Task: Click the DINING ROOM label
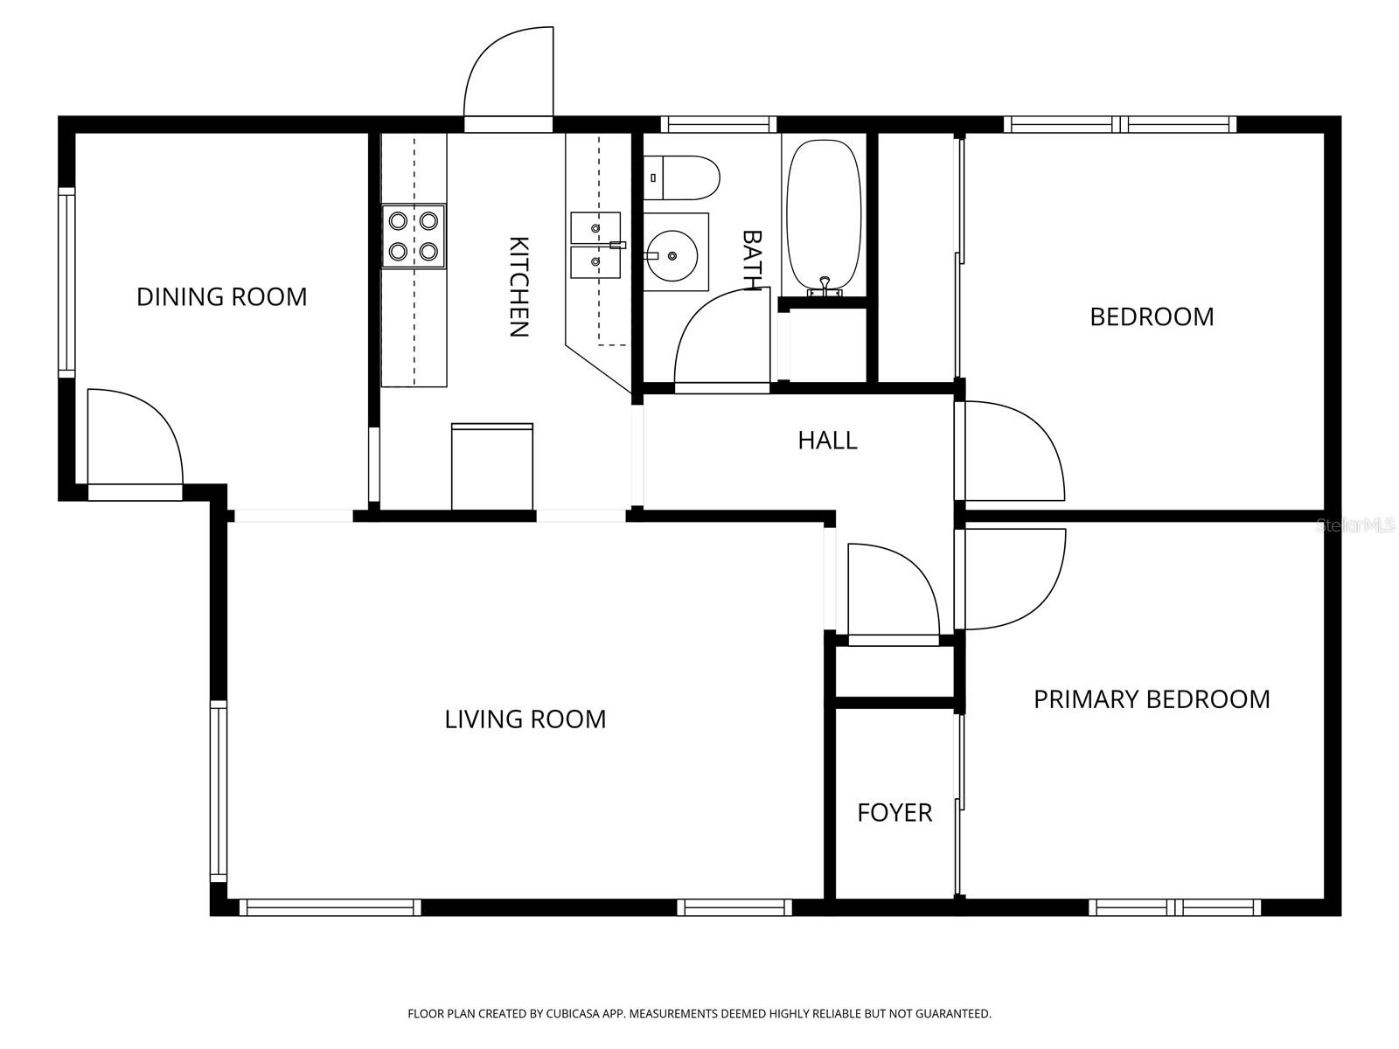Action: click(x=221, y=297)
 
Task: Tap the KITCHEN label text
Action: click(x=519, y=287)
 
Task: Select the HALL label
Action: click(x=827, y=440)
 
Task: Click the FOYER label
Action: click(x=894, y=813)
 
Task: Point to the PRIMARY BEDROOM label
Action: click(x=1151, y=699)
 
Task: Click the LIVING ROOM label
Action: click(x=525, y=719)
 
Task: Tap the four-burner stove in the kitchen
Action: click(x=414, y=236)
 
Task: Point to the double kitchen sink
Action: click(x=595, y=245)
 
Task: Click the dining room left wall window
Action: click(x=66, y=281)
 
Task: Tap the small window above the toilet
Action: click(x=718, y=124)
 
